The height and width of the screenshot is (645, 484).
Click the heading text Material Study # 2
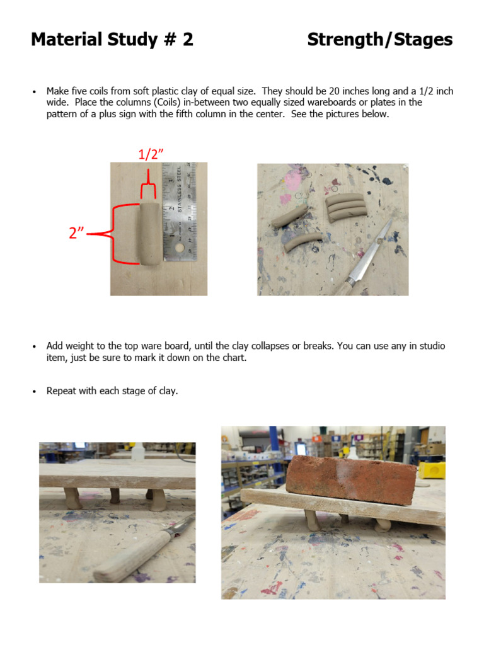pos(112,40)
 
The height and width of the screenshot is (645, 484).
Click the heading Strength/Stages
pos(379,40)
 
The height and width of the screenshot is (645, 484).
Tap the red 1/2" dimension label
pos(151,154)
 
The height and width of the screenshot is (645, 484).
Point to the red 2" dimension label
pos(77,233)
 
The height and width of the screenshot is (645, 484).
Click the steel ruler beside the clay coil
pos(180,211)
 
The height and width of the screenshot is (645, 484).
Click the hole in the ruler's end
pos(180,250)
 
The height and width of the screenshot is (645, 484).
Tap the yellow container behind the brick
pos(432,470)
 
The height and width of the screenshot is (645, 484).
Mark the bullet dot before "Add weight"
pos(34,346)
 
